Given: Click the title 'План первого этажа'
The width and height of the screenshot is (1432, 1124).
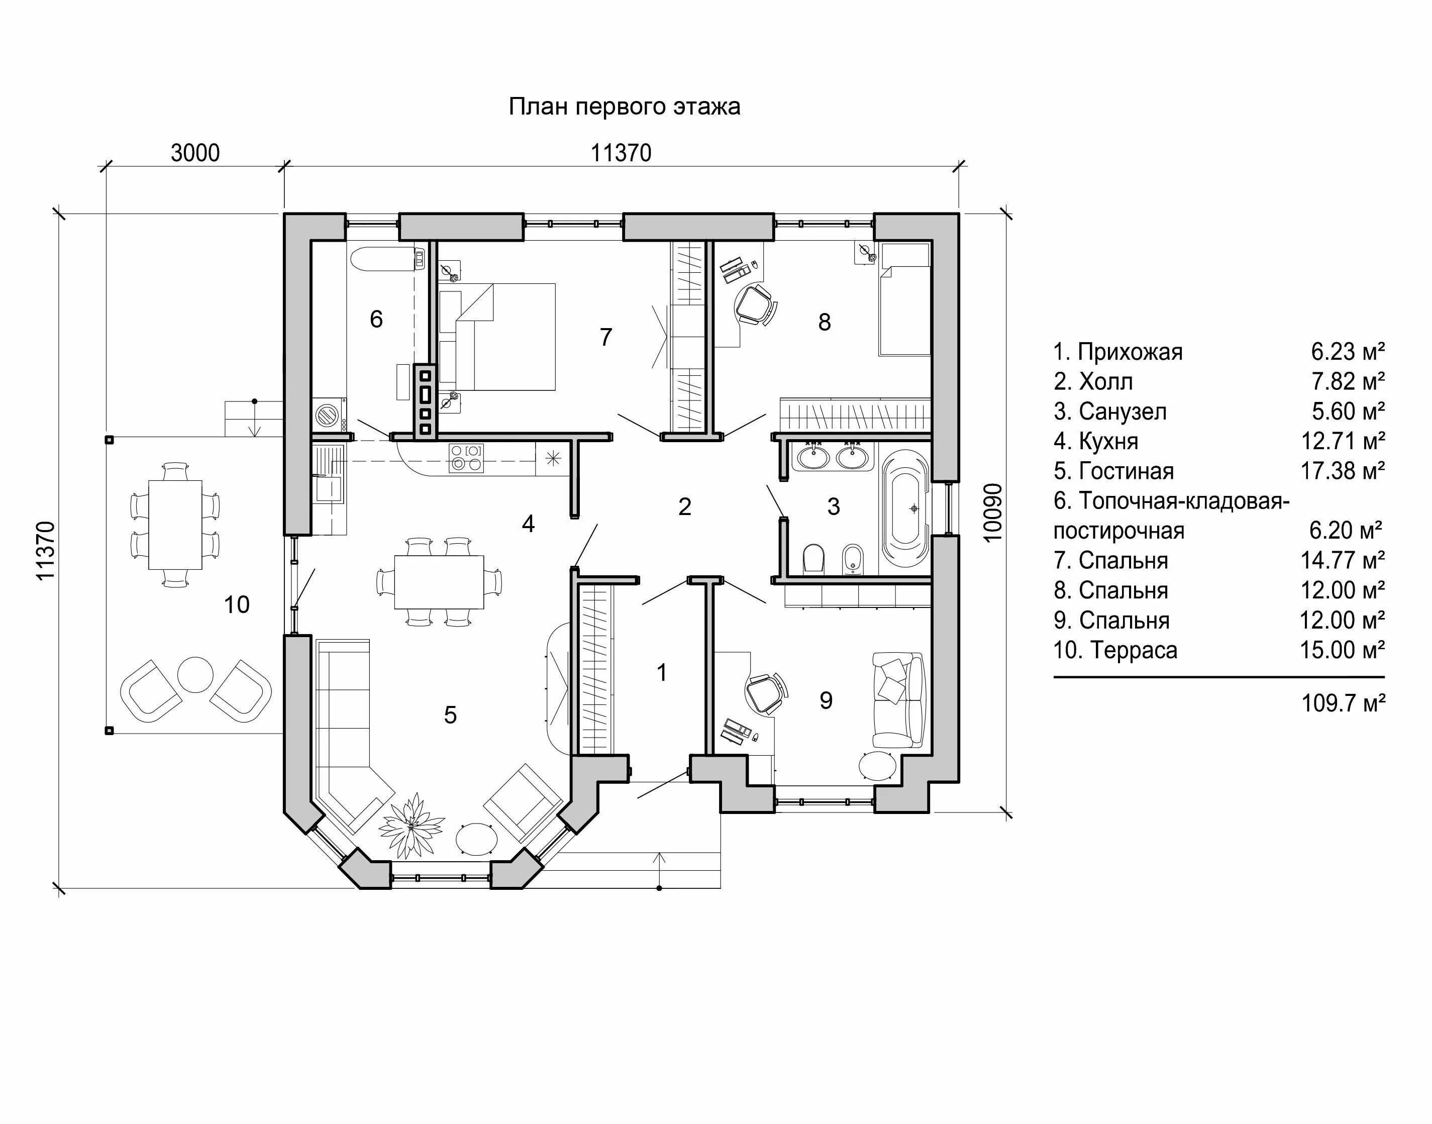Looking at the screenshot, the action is pyautogui.click(x=624, y=107).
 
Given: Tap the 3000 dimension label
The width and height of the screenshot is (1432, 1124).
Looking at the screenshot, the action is pyautogui.click(x=195, y=153).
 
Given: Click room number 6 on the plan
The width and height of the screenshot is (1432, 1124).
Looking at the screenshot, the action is pyautogui.click(x=376, y=319).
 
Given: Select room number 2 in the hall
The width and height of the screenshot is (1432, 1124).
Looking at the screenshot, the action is pyautogui.click(x=684, y=506).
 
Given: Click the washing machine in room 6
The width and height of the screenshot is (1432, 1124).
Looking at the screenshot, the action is pyautogui.click(x=329, y=414).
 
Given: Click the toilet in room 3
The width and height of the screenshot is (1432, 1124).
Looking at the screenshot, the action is pyautogui.click(x=814, y=558).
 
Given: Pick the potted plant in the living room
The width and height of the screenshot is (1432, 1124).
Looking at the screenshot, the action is pyautogui.click(x=412, y=822).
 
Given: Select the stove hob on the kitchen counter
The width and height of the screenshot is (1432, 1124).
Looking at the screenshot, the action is pyautogui.click(x=465, y=458).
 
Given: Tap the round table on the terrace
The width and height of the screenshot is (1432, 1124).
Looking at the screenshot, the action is pyautogui.click(x=195, y=674).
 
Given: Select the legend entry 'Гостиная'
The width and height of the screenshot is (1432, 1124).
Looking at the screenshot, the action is pyautogui.click(x=1126, y=471).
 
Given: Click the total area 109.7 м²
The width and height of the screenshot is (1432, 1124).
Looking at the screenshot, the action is pyautogui.click(x=1343, y=703).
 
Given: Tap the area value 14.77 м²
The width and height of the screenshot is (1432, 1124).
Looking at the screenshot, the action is pyautogui.click(x=1343, y=561).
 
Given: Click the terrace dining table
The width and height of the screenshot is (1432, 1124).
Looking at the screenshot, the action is pyautogui.click(x=175, y=525).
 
